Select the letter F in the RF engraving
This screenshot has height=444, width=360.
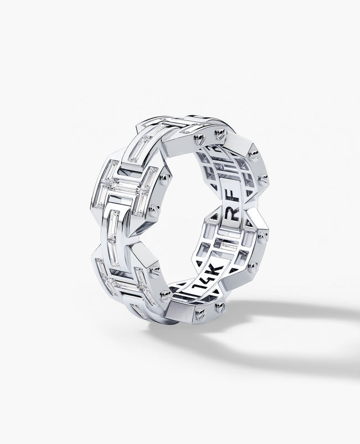245,209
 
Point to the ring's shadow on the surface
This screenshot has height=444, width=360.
288,321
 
